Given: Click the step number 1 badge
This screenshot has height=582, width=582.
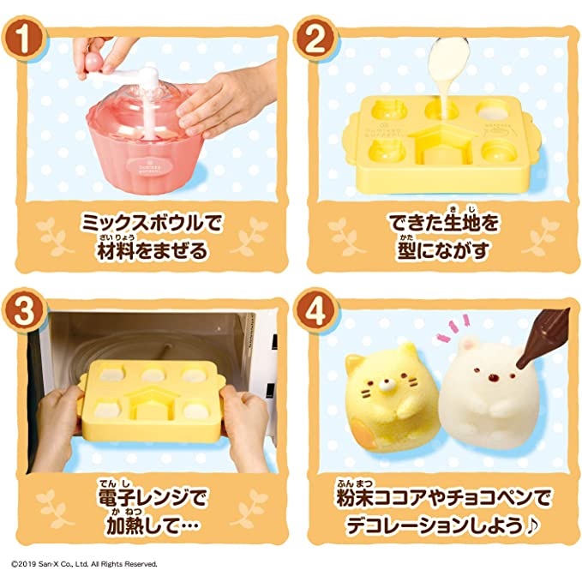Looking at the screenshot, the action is point(24,39).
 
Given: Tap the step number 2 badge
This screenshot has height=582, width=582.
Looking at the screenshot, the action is point(315,39).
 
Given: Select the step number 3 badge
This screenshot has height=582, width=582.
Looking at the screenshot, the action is point(24,311).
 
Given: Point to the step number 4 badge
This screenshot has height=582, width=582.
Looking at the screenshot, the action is point(315,311).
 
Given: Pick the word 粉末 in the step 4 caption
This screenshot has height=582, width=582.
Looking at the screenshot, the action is point(355,498).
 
